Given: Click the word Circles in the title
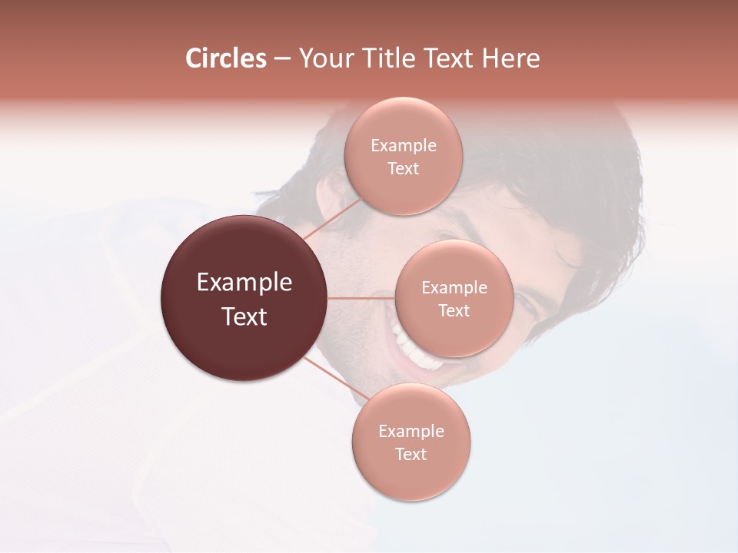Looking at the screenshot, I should pyautogui.click(x=226, y=58).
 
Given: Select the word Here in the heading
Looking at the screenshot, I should pyautogui.click(x=511, y=58).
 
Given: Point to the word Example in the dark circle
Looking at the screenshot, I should pyautogui.click(x=244, y=283).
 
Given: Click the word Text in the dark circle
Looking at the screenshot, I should pyautogui.click(x=244, y=316).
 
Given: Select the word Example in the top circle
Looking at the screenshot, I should pyautogui.click(x=404, y=145).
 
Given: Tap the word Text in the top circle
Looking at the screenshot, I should pyautogui.click(x=403, y=168).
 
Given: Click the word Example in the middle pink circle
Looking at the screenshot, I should pyautogui.click(x=454, y=288).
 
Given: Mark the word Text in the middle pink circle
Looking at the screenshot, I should pyautogui.click(x=454, y=310).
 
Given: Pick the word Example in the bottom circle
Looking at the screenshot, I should pyautogui.click(x=411, y=431).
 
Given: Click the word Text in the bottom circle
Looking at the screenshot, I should pyautogui.click(x=411, y=454).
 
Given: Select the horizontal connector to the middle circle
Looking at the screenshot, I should pyautogui.click(x=361, y=298).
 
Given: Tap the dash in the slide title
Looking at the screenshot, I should pyautogui.click(x=281, y=59).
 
